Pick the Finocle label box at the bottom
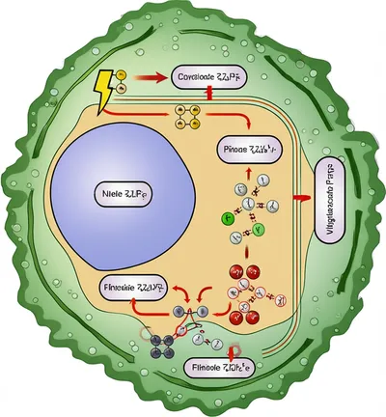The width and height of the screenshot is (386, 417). (215, 367)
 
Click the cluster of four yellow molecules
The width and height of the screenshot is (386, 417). (188, 118)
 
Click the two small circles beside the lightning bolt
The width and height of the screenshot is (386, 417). (123, 84)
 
